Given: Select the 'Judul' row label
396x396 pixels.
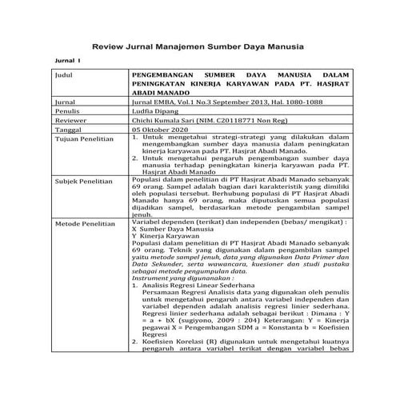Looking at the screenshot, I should click(65, 74).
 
